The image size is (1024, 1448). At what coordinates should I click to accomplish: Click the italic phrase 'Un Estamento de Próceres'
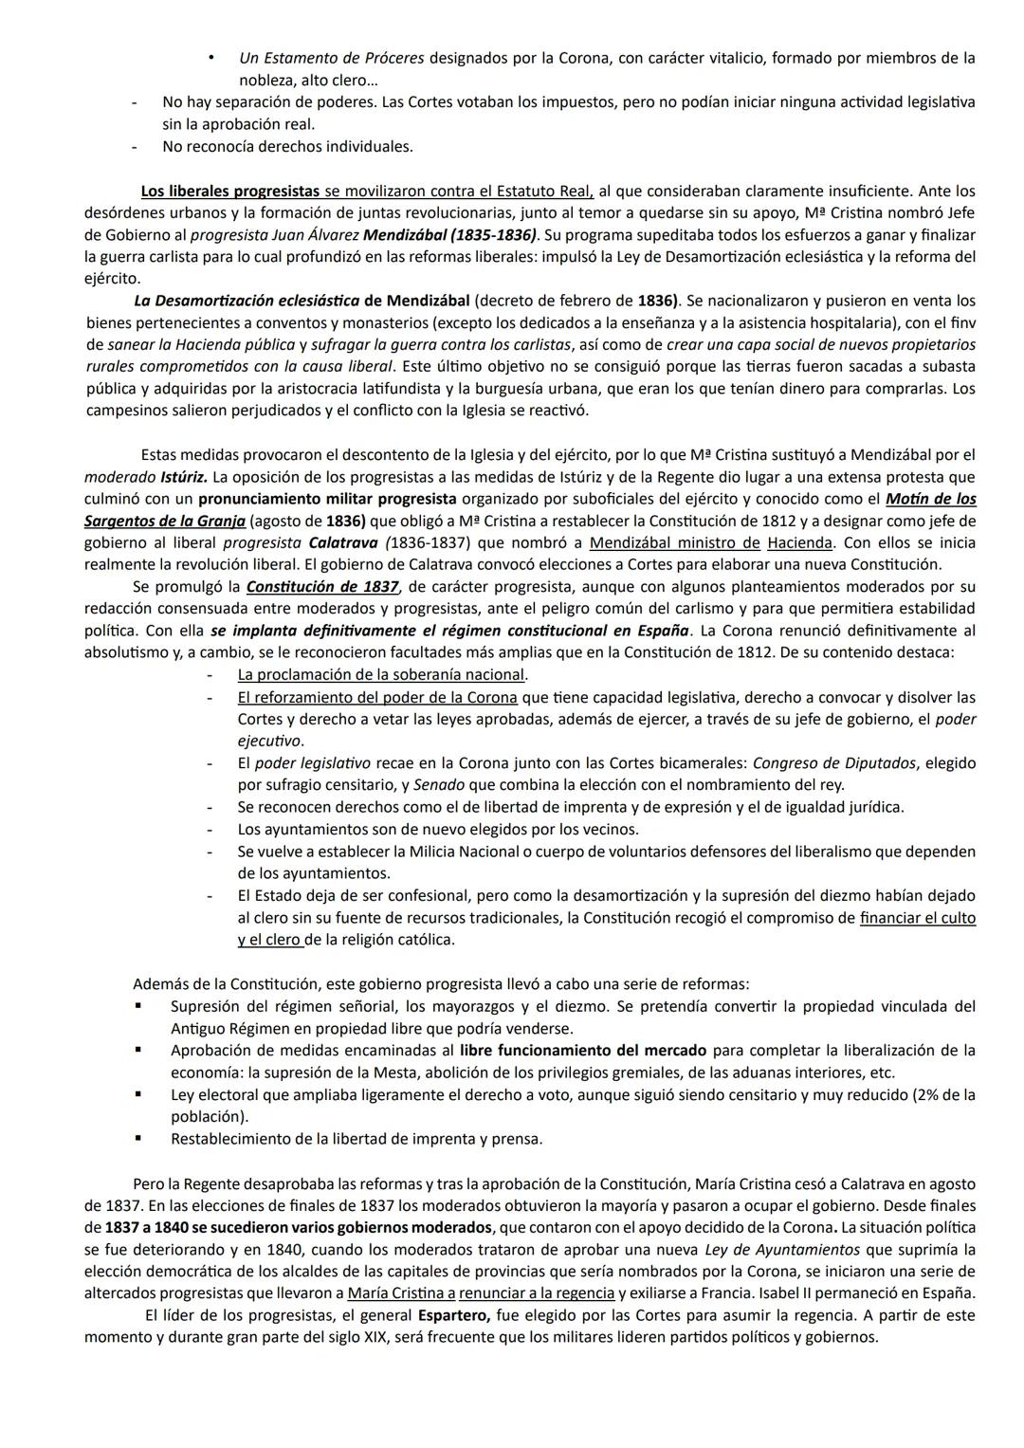click(332, 59)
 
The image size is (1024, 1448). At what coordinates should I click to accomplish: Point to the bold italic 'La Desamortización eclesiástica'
click(247, 301)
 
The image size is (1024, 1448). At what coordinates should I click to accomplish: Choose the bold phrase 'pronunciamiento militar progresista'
click(327, 499)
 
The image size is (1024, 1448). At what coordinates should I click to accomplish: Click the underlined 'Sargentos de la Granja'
click(165, 521)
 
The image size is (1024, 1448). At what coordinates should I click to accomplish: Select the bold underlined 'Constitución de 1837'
click(322, 587)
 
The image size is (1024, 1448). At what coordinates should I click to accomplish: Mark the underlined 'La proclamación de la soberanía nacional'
click(381, 675)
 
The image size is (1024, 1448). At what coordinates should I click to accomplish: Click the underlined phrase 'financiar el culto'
click(917, 918)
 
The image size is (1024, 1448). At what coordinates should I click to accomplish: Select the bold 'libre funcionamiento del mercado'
click(582, 1050)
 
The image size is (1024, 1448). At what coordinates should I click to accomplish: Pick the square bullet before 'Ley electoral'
click(138, 1094)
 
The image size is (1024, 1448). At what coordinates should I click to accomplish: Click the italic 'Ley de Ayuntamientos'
click(782, 1250)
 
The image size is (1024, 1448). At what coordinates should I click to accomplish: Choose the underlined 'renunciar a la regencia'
click(537, 1293)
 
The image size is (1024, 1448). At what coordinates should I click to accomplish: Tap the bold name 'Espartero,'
click(453, 1316)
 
